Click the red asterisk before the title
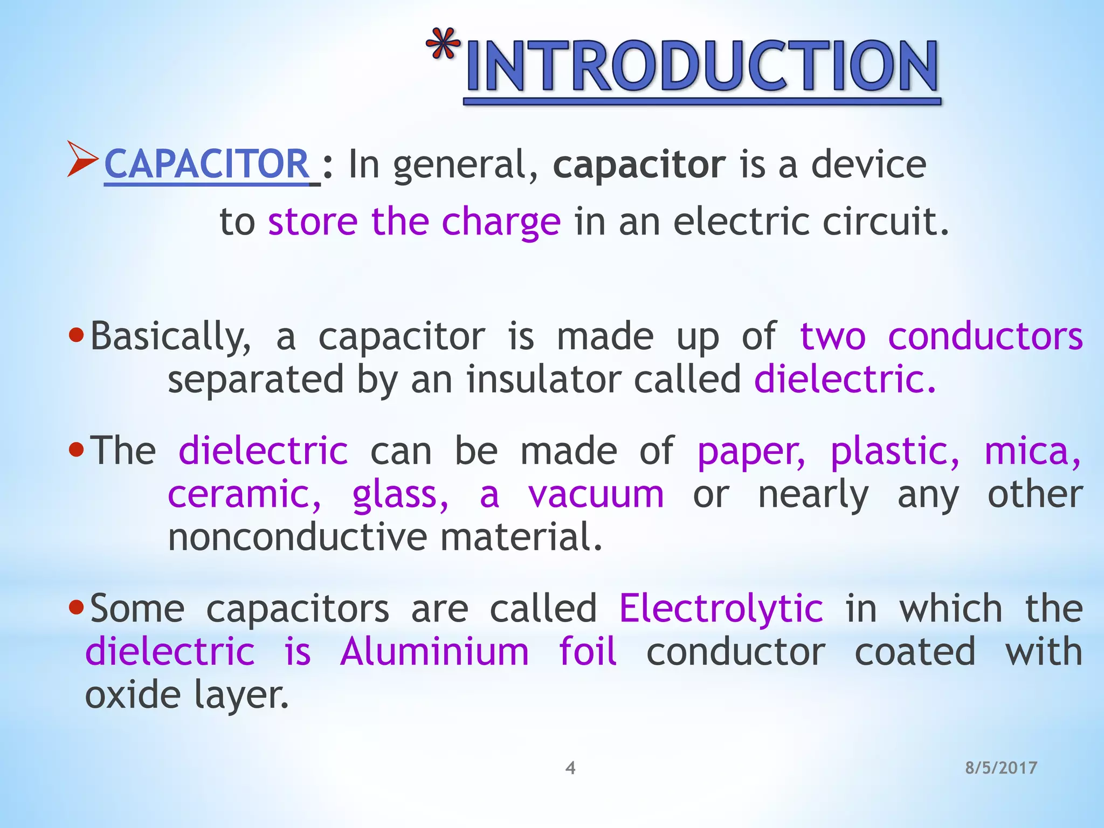pyautogui.click(x=443, y=44)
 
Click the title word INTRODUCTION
pyautogui.click(x=702, y=67)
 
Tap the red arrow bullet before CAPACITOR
pyautogui.click(x=82, y=159)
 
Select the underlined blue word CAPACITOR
pyautogui.click(x=206, y=164)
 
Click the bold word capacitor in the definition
pyautogui.click(x=639, y=165)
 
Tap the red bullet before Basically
pyautogui.click(x=77, y=336)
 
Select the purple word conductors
pyautogui.click(x=985, y=337)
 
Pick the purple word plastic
pyautogui.click(x=894, y=451)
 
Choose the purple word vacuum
pyautogui.click(x=596, y=495)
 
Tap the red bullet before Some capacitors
pyautogui.click(x=77, y=608)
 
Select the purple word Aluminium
pyautogui.click(x=434, y=652)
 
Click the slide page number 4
pyautogui.click(x=570, y=768)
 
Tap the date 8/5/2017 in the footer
pyautogui.click(x=1001, y=768)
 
